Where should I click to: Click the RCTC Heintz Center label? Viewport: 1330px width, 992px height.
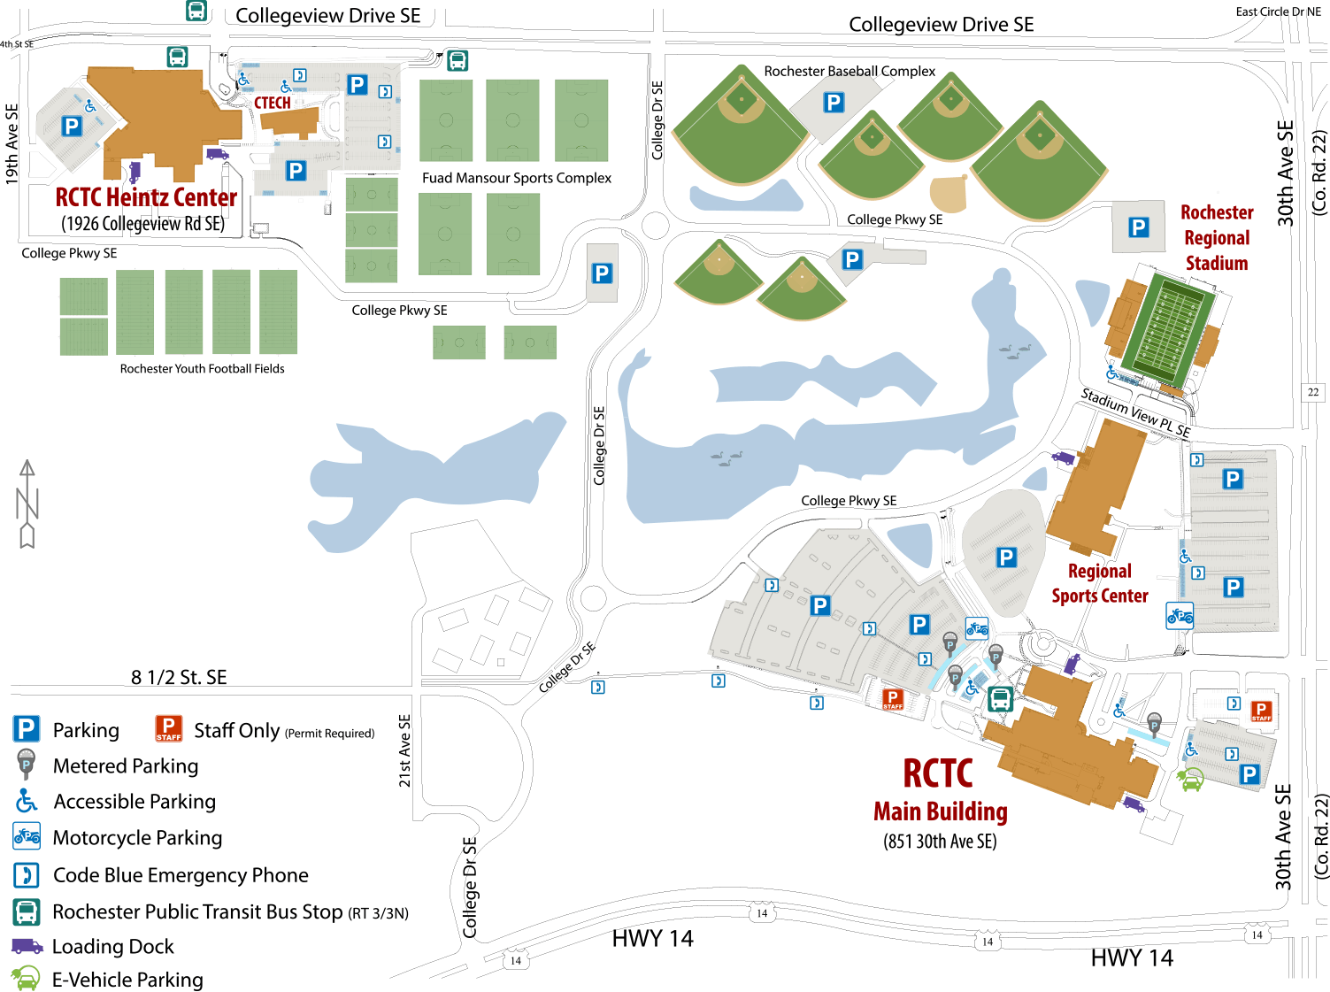146,197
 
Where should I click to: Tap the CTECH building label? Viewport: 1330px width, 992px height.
273,104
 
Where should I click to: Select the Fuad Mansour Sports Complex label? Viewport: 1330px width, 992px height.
517,178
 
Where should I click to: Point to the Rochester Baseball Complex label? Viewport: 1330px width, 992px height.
850,71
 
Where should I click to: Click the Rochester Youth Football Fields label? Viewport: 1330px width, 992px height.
203,369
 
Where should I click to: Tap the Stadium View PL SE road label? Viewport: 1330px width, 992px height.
1135,412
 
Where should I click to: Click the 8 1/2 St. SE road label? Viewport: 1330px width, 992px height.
179,677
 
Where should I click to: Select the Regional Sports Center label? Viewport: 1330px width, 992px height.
1100,583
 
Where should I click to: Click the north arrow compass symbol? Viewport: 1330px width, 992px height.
27,504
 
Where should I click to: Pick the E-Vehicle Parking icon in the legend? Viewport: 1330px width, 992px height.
26,979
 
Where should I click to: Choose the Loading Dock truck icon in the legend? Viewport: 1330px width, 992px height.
27,946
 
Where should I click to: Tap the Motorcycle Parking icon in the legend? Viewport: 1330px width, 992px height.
27,836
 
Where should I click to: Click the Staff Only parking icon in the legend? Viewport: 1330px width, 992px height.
168,728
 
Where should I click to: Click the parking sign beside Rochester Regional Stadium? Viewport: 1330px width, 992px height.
1138,227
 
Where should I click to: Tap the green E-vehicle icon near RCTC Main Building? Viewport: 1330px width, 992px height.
1190,780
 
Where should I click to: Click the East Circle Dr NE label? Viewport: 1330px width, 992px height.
1278,12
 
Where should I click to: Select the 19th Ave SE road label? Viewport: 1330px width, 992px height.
12,143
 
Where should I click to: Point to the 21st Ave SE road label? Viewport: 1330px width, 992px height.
404,750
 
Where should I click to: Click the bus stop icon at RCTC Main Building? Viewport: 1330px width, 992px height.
1000,699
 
